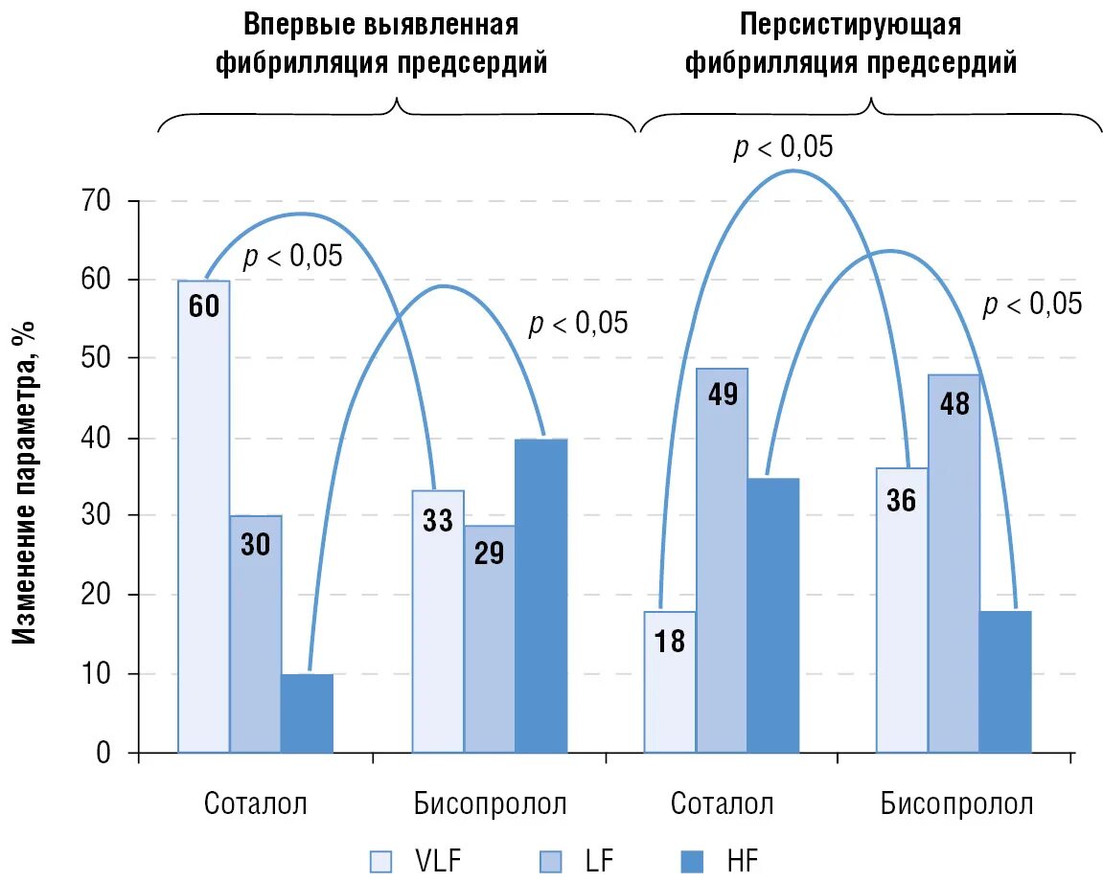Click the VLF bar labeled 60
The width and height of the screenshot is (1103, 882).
coord(204,517)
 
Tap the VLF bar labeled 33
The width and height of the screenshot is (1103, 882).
coord(438,622)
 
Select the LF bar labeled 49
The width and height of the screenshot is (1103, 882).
coord(722,560)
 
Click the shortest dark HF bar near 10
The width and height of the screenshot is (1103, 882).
coord(308,713)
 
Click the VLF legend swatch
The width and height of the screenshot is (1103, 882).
coord(381,861)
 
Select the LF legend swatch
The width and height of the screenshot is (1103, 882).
coord(550,861)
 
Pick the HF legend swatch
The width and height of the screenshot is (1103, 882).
coord(691,861)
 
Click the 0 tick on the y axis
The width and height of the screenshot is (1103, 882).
coord(103,754)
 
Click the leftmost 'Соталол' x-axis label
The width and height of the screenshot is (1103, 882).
coord(256,803)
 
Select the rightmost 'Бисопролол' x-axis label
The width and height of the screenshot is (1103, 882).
coord(956,803)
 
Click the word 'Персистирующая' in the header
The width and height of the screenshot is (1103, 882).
coord(851,23)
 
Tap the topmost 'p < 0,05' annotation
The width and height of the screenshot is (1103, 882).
coord(783,147)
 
